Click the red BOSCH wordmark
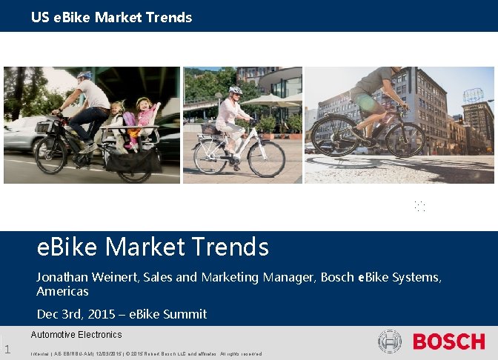(x=448, y=341)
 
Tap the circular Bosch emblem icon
(x=389, y=341)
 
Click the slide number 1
(x=7, y=350)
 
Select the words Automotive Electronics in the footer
(x=76, y=335)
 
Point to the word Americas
(x=62, y=291)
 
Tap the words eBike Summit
(x=167, y=314)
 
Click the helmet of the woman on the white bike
(x=235, y=91)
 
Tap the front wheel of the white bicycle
(x=266, y=158)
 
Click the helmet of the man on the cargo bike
(x=84, y=76)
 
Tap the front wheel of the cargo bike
(x=50, y=153)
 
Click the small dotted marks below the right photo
(x=420, y=206)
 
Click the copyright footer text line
(x=145, y=353)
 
